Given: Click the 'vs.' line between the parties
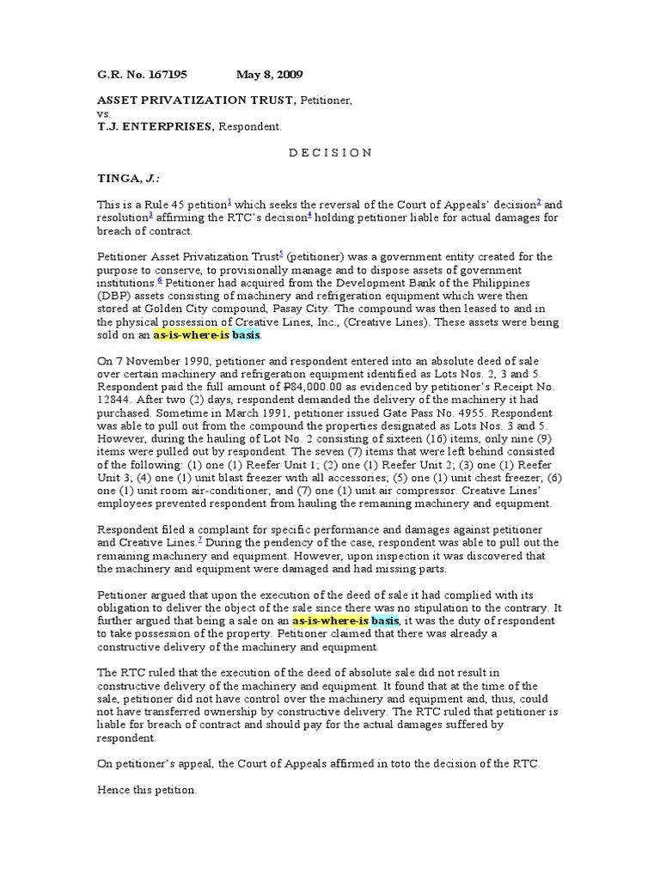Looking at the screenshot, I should [103, 113].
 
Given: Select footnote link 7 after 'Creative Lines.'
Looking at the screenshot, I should [199, 538].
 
